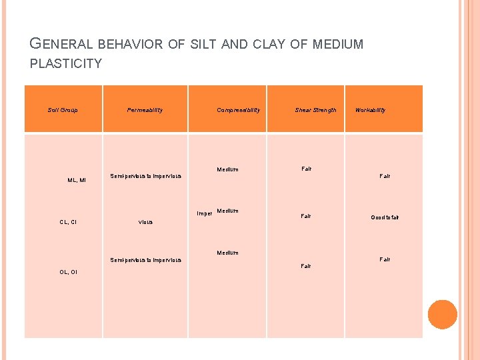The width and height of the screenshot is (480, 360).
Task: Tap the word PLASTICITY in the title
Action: pyautogui.click(x=66, y=64)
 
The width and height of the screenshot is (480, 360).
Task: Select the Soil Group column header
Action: pyautogui.click(x=63, y=110)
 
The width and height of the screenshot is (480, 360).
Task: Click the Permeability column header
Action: pyautogui.click(x=145, y=110)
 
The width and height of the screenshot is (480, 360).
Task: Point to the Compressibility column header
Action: pyautogui.click(x=238, y=110)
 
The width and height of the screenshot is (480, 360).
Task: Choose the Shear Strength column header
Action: pyautogui.click(x=315, y=110)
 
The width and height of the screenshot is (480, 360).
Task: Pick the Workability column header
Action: pyautogui.click(x=370, y=110)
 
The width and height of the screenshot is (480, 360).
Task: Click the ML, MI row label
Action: pyautogui.click(x=77, y=180)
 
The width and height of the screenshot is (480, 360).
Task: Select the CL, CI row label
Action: pyautogui.click(x=68, y=222)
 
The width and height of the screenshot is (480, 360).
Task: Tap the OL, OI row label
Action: pyautogui.click(x=68, y=272)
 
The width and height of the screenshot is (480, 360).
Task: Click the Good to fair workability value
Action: pyautogui.click(x=385, y=218)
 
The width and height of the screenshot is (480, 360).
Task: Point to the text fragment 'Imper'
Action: pyautogui.click(x=204, y=214)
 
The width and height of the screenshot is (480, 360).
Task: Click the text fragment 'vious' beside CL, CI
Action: pyautogui.click(x=145, y=222)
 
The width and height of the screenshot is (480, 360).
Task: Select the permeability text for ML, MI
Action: pyautogui.click(x=145, y=176)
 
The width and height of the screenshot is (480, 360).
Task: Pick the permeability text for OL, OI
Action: pyautogui.click(x=145, y=260)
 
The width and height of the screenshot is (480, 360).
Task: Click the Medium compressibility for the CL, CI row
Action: pyautogui.click(x=227, y=211)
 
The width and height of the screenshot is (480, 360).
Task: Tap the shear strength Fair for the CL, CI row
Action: pyautogui.click(x=305, y=216)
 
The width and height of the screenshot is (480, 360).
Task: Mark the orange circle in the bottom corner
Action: pyautogui.click(x=442, y=314)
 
